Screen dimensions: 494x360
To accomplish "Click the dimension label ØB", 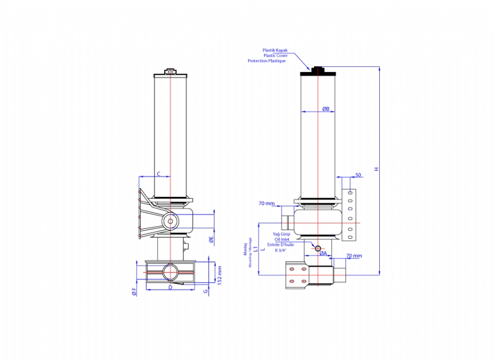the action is click(325, 109).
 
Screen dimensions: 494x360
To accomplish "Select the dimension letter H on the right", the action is click(376, 169).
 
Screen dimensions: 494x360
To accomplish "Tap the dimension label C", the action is click(159, 174).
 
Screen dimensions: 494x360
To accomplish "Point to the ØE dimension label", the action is click(211, 240).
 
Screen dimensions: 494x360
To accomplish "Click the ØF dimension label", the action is click(134, 291).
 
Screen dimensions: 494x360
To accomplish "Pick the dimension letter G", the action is click(206, 291).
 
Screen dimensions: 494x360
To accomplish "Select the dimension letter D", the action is click(171, 287).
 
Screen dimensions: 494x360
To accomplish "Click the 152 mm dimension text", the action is click(220, 275).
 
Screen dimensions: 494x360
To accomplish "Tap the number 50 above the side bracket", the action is click(358, 175).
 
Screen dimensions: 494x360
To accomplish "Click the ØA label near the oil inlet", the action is click(323, 253).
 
